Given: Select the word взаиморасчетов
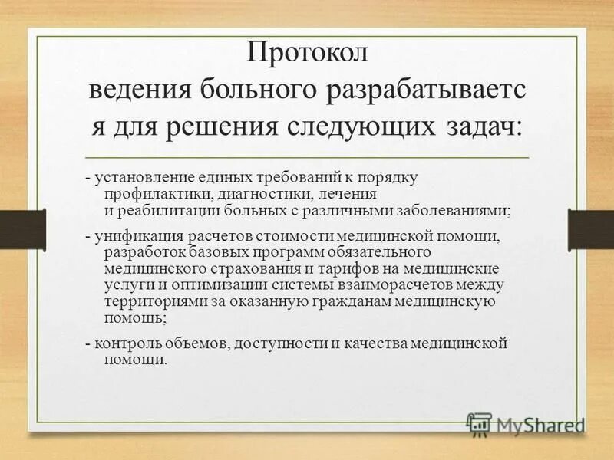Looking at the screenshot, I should (405, 284).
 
